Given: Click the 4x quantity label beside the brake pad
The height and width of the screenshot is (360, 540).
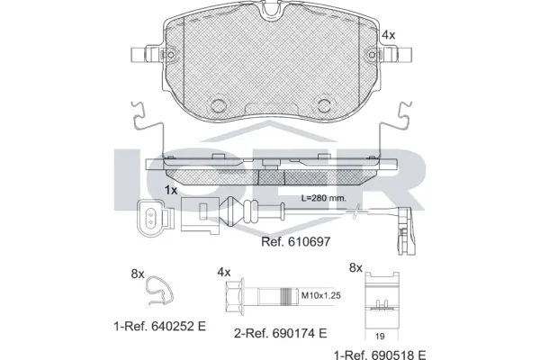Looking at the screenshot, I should tap(389, 34).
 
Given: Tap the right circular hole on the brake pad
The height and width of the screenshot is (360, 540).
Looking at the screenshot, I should tap(322, 103).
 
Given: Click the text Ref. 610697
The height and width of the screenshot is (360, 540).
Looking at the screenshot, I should tap(290, 241).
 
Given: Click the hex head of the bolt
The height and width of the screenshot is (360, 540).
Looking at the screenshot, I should tap(230, 294).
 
